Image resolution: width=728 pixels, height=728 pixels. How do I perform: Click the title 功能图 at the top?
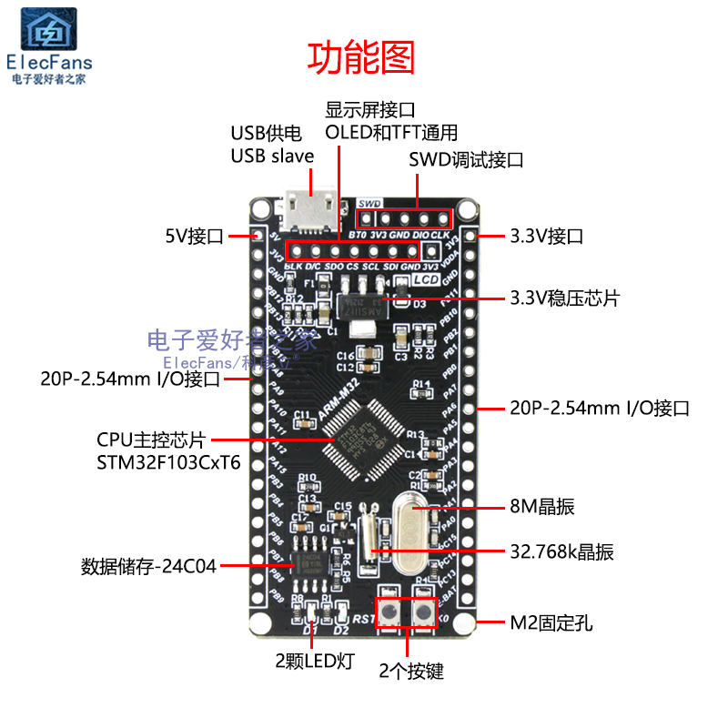click(361, 56)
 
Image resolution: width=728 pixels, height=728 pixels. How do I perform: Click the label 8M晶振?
click(542, 507)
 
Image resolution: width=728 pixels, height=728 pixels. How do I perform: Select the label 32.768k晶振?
click(561, 551)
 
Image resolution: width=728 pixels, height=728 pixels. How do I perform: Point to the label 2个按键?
click(411, 672)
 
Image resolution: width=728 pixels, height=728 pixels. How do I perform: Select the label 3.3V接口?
click(547, 237)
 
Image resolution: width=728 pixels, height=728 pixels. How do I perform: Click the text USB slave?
click(272, 156)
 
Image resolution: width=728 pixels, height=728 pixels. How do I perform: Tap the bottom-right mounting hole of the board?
click(468, 624)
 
